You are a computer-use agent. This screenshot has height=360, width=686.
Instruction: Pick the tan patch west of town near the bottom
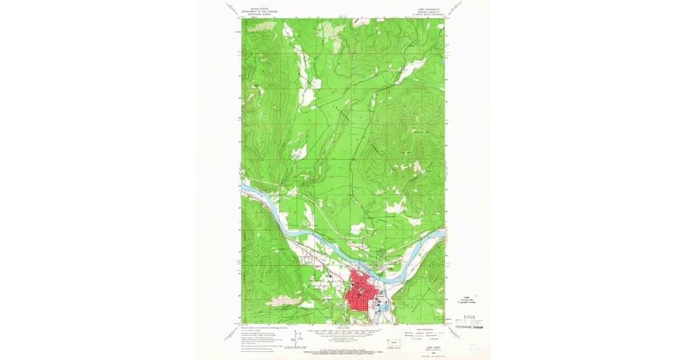[283, 301]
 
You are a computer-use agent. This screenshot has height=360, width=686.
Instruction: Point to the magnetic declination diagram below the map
[297, 338]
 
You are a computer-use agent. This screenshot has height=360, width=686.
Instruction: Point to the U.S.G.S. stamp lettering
[464, 318]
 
